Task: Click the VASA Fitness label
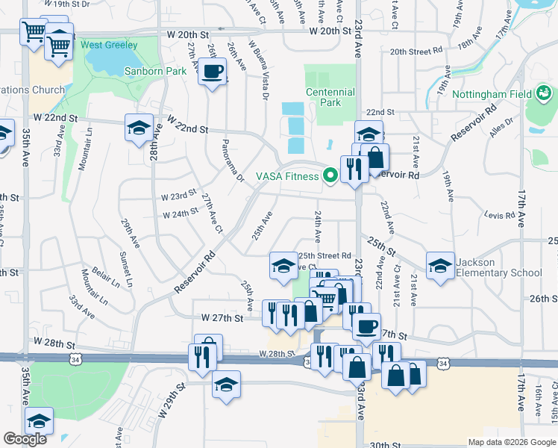coord(286,176)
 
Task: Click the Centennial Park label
coord(330,97)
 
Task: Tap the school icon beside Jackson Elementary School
coord(440,266)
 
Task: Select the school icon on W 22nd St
coord(139,128)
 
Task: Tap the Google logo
coord(25,439)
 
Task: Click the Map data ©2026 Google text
coord(512,442)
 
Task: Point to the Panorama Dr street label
coord(231,160)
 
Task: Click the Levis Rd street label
coord(500,216)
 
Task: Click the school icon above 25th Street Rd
coord(283,266)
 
